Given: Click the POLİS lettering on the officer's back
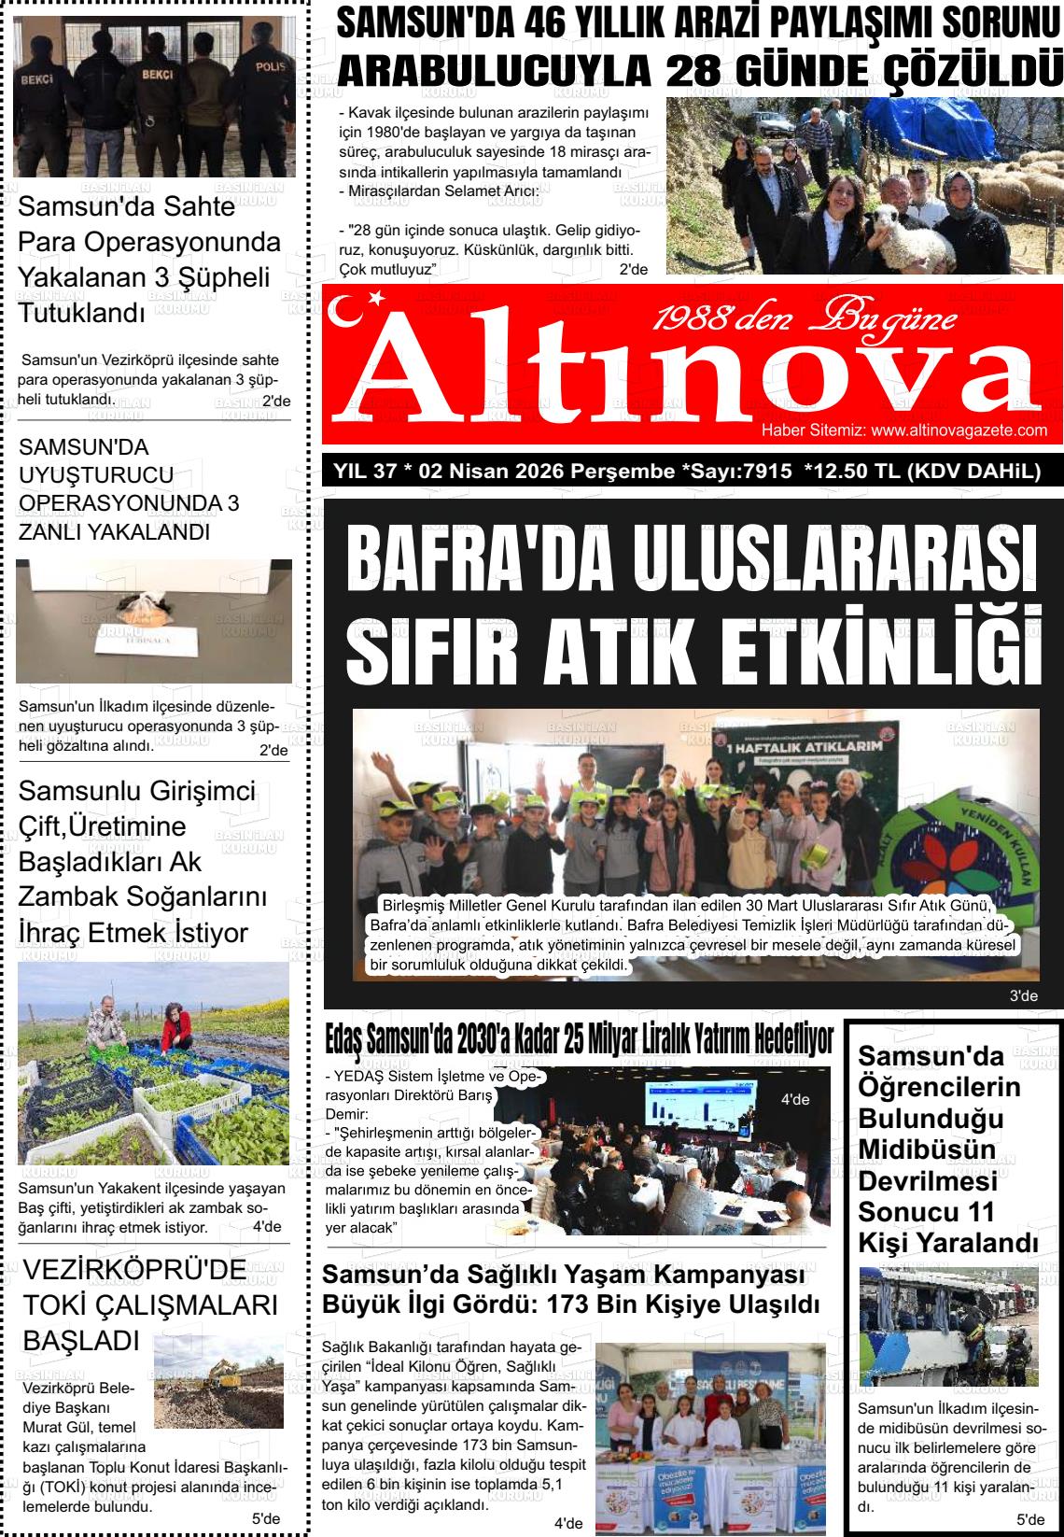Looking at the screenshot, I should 269,66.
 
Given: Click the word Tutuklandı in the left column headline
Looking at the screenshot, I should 81,312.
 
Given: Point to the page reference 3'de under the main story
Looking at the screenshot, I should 1023,996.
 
